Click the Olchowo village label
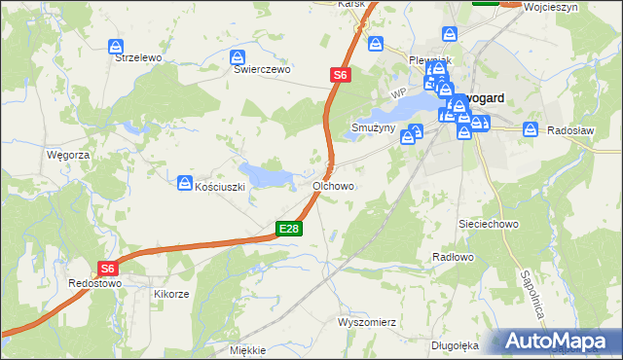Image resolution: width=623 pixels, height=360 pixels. tap(333, 185)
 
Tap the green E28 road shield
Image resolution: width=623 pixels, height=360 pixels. tap(289, 229)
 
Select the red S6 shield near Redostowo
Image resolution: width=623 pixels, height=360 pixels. tap(107, 270)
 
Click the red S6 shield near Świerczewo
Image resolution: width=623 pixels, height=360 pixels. tap(339, 74)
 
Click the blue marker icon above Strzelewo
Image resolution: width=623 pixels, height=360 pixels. tap(117, 46)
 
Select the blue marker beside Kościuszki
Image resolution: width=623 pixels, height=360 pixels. tap(185, 182)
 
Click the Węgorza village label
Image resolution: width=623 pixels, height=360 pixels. tap(68, 155)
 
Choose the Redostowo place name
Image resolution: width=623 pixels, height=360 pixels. tap(94, 283)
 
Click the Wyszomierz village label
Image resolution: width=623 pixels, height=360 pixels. tap(367, 320)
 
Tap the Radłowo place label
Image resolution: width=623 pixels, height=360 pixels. tap(452, 257)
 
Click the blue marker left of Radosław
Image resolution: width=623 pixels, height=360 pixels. tap(531, 128)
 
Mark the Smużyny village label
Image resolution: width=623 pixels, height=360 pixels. tap(372, 127)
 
